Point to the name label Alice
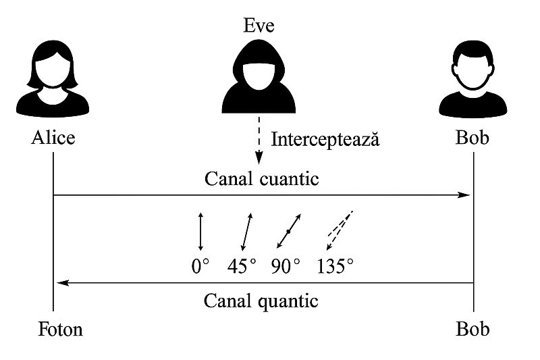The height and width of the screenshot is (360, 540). pyautogui.click(x=53, y=138)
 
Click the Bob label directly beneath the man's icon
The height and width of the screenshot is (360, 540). pyautogui.click(x=473, y=138)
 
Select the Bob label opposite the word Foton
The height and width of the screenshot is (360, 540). pyautogui.click(x=473, y=329)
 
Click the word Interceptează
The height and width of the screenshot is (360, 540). pyautogui.click(x=325, y=140)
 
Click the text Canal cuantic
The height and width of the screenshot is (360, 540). pyautogui.click(x=261, y=180)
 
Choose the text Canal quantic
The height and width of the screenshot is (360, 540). pyautogui.click(x=261, y=300)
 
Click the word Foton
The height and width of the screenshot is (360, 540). pyautogui.click(x=61, y=329)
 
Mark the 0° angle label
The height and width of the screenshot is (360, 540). pyautogui.click(x=201, y=266)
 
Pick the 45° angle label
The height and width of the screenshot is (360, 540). pyautogui.click(x=242, y=266)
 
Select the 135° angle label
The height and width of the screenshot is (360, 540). pyautogui.click(x=335, y=266)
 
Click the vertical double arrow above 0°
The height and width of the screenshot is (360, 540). pyautogui.click(x=200, y=232)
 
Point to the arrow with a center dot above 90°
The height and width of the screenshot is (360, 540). pyautogui.click(x=289, y=231)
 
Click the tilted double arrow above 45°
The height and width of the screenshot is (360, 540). pyautogui.click(x=246, y=232)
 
